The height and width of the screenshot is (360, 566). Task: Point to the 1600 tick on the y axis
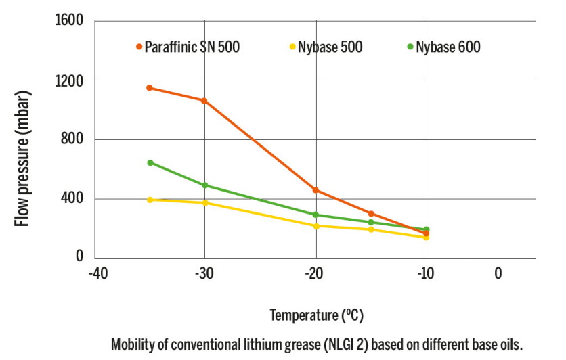tap(70, 22)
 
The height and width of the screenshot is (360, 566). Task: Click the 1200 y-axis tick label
tap(70, 81)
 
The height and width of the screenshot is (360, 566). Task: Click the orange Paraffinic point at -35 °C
tap(150, 88)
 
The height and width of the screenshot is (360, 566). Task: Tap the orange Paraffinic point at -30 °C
tap(204, 101)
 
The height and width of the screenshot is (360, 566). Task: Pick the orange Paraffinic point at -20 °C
tap(315, 190)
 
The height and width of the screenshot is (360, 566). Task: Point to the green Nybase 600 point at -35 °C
tap(150, 162)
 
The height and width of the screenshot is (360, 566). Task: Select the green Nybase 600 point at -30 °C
tap(204, 185)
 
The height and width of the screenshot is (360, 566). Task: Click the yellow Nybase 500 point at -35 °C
tap(150, 200)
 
